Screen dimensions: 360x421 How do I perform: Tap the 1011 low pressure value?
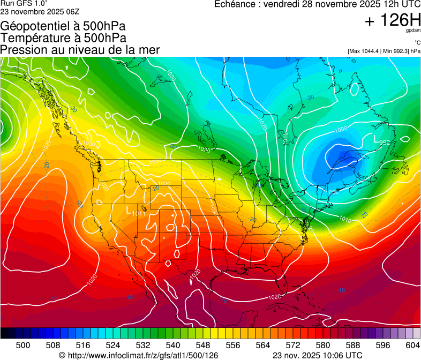click(138, 214)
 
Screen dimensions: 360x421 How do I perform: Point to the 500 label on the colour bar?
click(23, 345)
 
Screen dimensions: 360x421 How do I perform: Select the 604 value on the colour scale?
click(412, 345)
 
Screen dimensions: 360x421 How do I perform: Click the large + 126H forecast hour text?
click(393, 20)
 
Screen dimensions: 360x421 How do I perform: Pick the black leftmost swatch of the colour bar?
click(4, 333)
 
